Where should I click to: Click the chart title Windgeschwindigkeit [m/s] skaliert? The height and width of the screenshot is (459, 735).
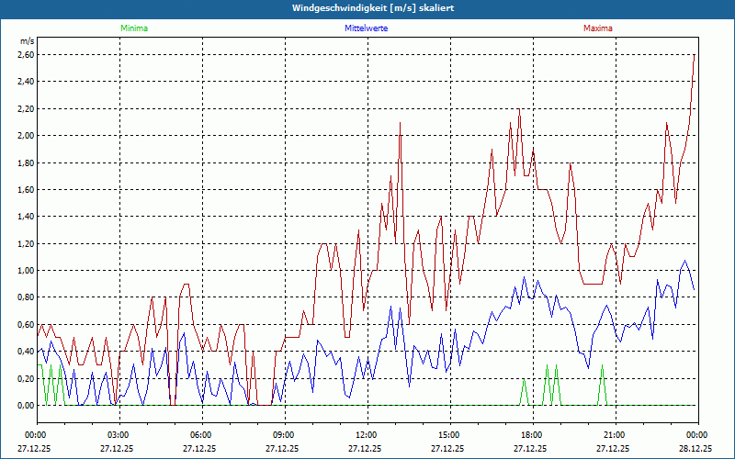(367, 8)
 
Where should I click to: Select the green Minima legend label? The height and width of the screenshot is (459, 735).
(133, 28)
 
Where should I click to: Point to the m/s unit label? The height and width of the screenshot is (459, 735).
(27, 41)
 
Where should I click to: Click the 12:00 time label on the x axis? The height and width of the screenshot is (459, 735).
(366, 434)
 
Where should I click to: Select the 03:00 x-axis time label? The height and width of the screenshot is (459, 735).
(119, 434)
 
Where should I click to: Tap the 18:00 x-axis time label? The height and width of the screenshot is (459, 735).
(531, 434)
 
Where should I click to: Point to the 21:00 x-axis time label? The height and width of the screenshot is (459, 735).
(614, 434)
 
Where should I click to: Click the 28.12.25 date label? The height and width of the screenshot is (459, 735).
(695, 449)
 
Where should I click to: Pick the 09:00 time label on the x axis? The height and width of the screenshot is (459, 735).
(283, 434)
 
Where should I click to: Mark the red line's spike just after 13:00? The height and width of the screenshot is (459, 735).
(401, 124)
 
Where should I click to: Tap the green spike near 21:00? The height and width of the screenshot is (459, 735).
(602, 366)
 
